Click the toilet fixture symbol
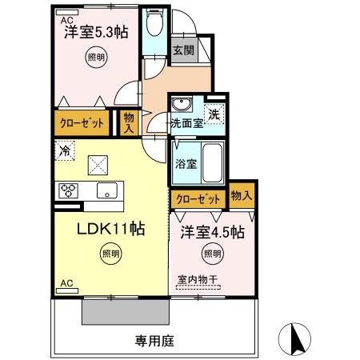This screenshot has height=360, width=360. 155,22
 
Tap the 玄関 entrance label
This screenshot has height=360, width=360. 184,50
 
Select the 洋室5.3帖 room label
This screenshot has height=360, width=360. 96,32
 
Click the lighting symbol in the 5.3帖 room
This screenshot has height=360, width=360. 96,57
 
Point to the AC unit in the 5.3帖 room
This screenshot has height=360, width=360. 67,13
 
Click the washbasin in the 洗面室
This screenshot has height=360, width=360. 182,104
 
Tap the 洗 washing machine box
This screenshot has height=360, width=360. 214,114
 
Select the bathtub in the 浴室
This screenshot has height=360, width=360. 213,163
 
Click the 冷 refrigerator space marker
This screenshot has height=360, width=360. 65,150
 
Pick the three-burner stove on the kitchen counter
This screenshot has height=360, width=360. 68,190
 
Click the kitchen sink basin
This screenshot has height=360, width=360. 107,190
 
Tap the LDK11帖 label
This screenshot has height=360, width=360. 110,229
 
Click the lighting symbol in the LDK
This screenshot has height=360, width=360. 110,254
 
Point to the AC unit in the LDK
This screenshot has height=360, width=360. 67,290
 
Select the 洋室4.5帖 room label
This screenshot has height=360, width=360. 212,232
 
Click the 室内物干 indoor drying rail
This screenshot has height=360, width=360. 198,287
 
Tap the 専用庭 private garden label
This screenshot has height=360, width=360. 154,341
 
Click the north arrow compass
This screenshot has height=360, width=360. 294,339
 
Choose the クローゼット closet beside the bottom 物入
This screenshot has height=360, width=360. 198,199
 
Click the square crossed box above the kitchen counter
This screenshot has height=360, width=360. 98,166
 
